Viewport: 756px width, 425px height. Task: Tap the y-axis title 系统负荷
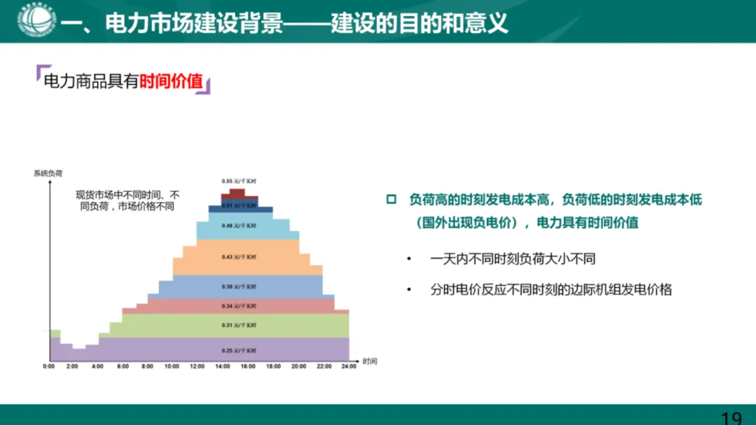pyautogui.click(x=48, y=173)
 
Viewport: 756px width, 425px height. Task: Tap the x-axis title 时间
pyautogui.click(x=370, y=361)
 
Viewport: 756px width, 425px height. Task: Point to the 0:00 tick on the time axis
pyautogui.click(x=48, y=366)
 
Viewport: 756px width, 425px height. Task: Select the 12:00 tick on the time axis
pyautogui.click(x=197, y=366)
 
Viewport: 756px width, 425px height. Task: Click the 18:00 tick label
pyautogui.click(x=273, y=366)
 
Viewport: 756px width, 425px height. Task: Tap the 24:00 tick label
pyautogui.click(x=349, y=366)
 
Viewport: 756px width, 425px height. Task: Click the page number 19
pyautogui.click(x=731, y=418)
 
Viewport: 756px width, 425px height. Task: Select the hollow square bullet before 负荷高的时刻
pyautogui.click(x=391, y=200)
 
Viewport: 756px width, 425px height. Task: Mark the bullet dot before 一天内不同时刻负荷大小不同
pyautogui.click(x=409, y=259)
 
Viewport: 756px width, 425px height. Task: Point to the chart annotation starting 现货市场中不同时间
pyautogui.click(x=127, y=200)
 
